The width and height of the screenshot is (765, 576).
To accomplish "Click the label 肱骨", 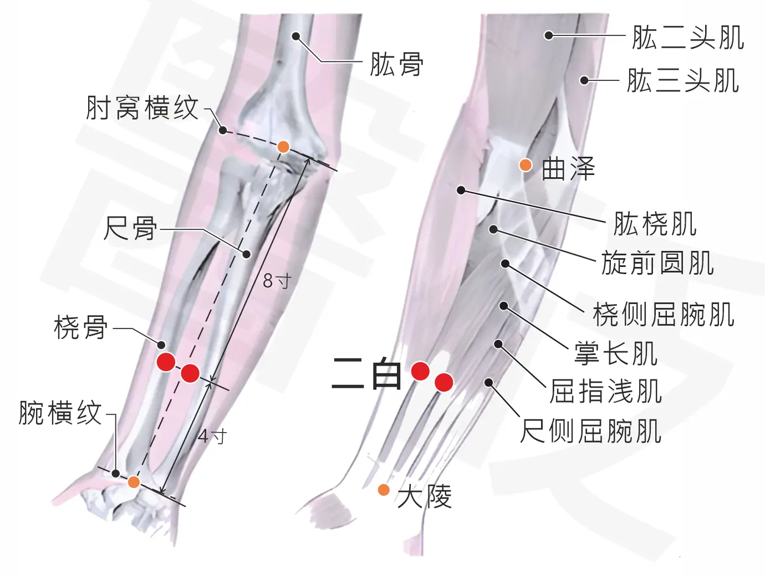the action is click(x=396, y=64).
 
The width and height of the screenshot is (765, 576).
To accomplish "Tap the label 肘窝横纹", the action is click(x=142, y=107).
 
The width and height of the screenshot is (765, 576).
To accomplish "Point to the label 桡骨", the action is click(x=81, y=327).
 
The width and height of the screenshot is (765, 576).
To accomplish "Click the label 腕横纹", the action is click(x=60, y=413).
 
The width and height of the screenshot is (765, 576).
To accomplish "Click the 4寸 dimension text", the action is click(x=212, y=436).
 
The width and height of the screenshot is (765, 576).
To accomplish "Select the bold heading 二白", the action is click(x=367, y=373).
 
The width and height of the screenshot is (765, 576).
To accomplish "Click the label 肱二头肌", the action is click(x=688, y=37).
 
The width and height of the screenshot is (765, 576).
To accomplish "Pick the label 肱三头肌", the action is click(x=683, y=80).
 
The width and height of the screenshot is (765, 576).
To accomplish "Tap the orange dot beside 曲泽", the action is click(x=526, y=165).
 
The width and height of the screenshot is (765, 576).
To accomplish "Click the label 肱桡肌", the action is click(x=655, y=224).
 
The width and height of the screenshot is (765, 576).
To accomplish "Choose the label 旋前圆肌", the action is click(x=657, y=263).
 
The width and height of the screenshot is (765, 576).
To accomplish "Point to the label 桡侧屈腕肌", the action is click(x=664, y=314).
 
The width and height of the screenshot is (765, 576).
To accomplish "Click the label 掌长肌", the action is click(x=616, y=353).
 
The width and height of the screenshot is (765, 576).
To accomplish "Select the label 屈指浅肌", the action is click(x=606, y=391).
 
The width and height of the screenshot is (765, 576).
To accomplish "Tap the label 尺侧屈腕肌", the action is click(x=590, y=430).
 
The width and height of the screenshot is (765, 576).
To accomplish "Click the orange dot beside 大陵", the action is click(x=384, y=490).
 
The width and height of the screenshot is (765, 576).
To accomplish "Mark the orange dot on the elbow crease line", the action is click(x=283, y=147).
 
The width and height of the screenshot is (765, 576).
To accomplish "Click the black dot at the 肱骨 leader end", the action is click(x=296, y=36).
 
